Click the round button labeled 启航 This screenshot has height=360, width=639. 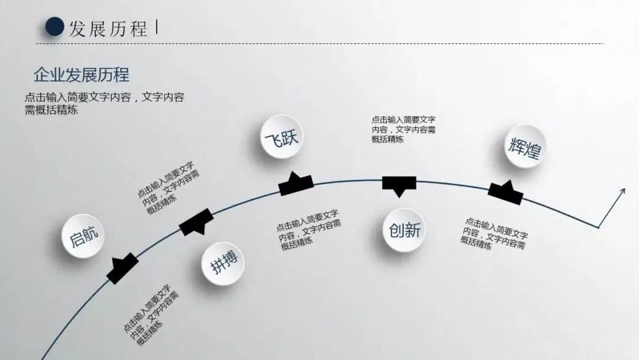[79, 237]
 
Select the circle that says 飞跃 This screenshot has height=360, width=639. [282, 139]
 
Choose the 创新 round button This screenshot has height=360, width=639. [405, 230]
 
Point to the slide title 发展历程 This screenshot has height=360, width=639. [108, 28]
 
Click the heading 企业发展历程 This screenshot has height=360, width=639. [82, 75]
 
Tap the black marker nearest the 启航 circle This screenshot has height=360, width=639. [122, 267]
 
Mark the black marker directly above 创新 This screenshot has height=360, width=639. [399, 184]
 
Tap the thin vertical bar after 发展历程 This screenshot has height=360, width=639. [156, 27]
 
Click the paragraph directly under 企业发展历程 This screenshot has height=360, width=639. [104, 104]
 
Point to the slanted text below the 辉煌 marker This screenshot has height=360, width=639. [495, 233]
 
